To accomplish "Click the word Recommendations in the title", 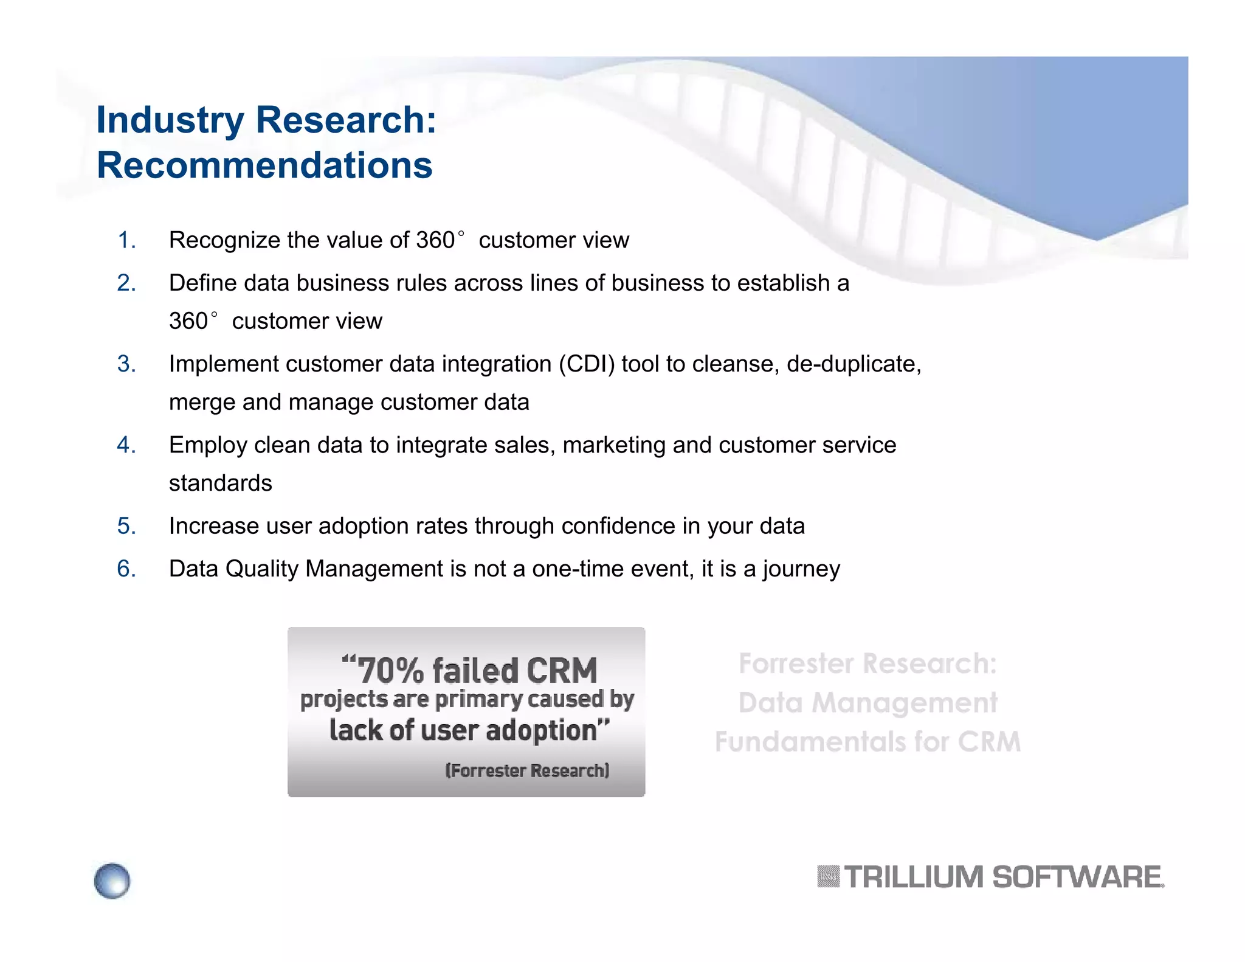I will pos(264,165).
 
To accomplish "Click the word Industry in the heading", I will pos(170,120).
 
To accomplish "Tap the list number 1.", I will pos(126,240).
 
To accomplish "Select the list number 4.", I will pos(126,445).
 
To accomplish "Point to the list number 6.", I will pos(126,569).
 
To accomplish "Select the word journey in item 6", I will pos(801,570).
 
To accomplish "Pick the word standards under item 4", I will pos(220,483).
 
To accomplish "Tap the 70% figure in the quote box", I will pos(390,671).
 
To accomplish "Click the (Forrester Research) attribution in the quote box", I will pos(527,770).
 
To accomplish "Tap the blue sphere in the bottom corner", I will pos(112,881).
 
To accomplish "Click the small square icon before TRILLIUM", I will pos(828,877).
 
